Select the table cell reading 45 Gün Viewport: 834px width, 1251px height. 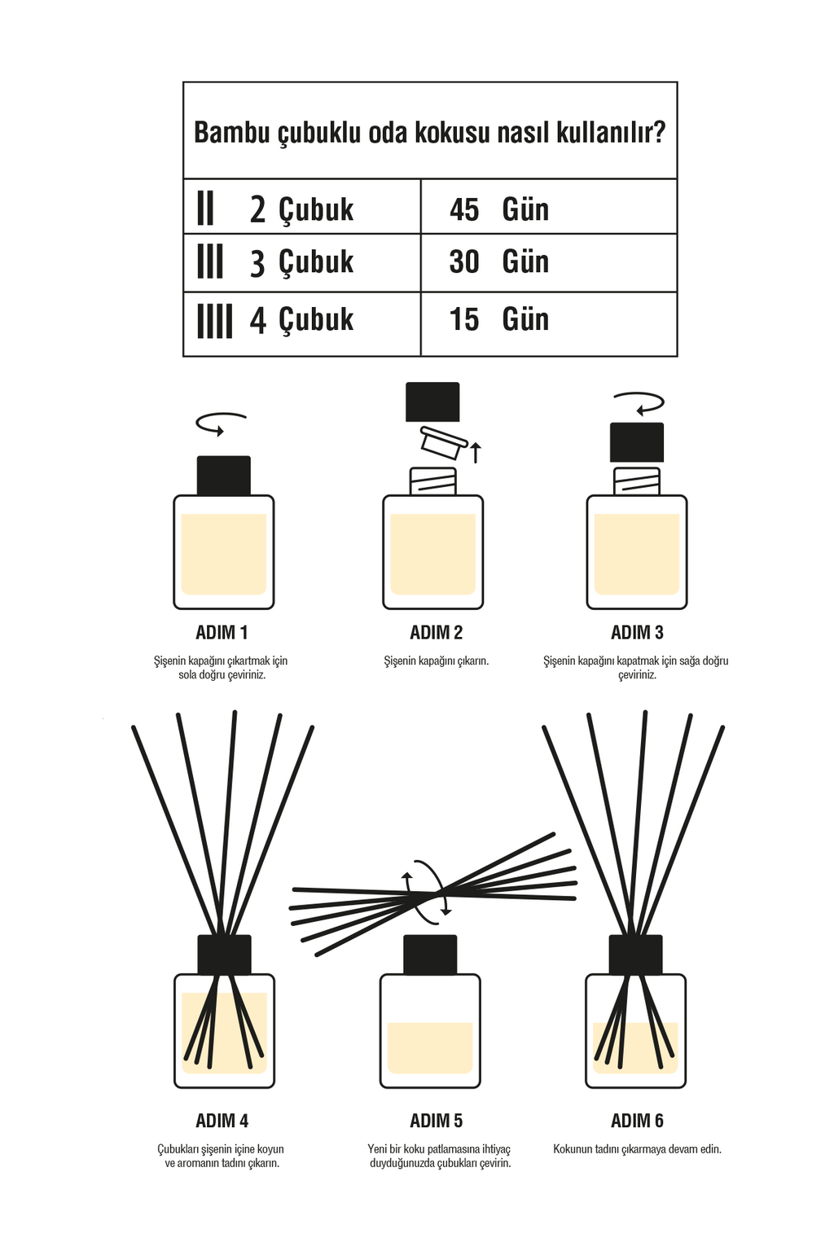(549, 207)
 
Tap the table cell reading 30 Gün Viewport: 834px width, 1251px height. (549, 262)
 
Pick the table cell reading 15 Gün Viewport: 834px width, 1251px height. (549, 324)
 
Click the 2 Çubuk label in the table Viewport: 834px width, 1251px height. (301, 209)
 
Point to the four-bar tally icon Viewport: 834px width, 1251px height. (215, 321)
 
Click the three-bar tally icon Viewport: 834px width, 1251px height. (210, 261)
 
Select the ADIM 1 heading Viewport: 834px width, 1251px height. (222, 633)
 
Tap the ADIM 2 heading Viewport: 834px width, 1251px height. (437, 633)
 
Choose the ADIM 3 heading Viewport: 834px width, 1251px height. (637, 633)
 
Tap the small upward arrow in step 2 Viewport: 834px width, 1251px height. (476, 452)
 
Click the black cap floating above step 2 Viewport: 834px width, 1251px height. (432, 402)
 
